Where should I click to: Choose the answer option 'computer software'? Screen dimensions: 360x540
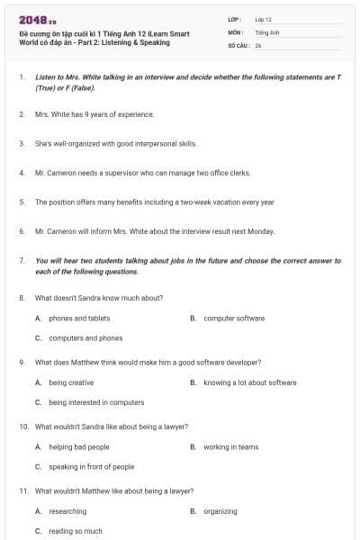234,318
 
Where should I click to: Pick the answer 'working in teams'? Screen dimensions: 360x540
230,446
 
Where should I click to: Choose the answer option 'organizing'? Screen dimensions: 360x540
220,511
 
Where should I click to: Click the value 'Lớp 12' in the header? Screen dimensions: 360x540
263,19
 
